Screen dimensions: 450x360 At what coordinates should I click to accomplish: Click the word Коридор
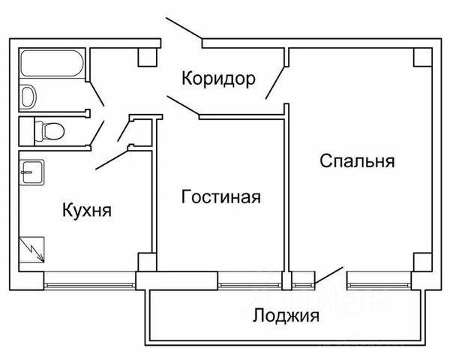218,79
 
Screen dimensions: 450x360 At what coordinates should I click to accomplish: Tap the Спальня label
357,160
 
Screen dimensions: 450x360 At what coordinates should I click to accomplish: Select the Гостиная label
221,197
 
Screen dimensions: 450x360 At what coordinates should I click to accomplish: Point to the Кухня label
87,211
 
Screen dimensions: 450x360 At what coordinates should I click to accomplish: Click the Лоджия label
286,316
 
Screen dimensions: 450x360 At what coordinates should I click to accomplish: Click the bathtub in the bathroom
52,63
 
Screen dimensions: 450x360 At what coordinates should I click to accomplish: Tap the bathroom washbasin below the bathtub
28,96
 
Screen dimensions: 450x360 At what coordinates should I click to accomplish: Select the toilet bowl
49,131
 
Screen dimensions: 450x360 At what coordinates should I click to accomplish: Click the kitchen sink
31,172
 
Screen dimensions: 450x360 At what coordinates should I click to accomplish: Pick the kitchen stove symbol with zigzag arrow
31,250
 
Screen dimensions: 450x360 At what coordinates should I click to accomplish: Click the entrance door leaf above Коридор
184,28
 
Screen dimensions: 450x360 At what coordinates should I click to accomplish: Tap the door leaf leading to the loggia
328,275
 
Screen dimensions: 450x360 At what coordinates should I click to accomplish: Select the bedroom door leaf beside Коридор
275,82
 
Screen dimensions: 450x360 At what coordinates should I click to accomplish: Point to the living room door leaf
183,106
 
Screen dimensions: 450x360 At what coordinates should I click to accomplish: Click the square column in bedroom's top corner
422,57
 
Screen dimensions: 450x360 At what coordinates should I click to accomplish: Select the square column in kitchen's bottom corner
147,262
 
